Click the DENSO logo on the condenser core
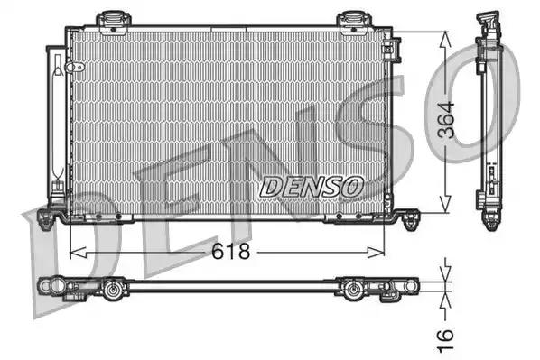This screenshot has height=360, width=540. (x=312, y=186)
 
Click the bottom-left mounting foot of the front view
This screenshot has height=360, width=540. (x=57, y=217)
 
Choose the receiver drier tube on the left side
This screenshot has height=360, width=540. (x=59, y=117)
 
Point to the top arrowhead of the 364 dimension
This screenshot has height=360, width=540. (x=444, y=37)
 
